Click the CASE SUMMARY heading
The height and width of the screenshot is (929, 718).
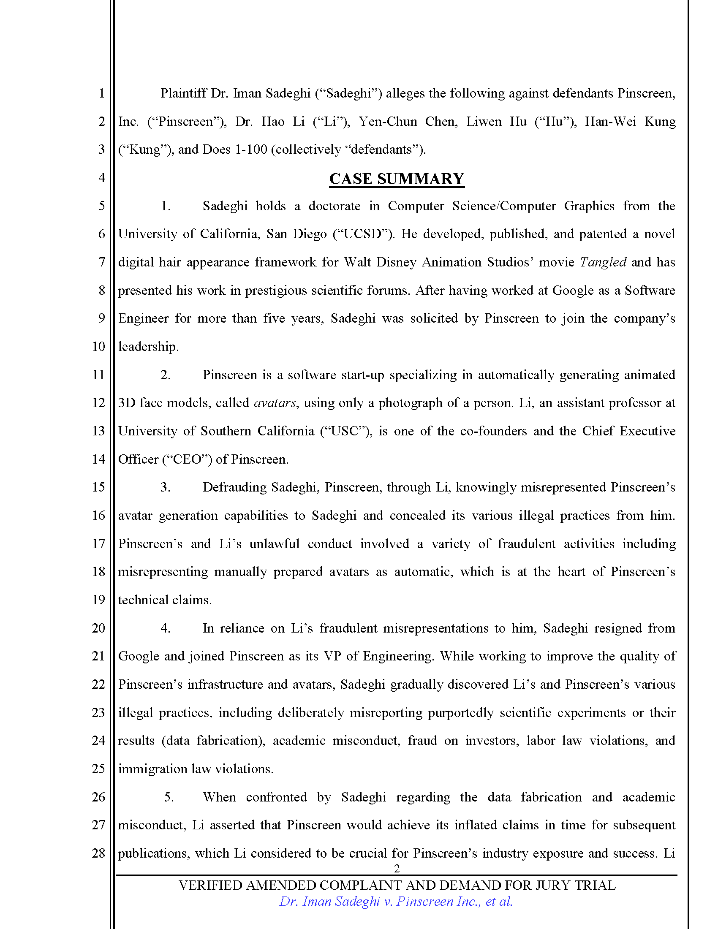[x=397, y=179]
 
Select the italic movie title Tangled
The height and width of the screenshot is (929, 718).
[x=603, y=262]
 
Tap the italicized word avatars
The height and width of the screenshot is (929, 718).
[x=275, y=403]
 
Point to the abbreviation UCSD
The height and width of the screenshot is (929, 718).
[x=362, y=234]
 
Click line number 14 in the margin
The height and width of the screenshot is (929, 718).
[x=99, y=459]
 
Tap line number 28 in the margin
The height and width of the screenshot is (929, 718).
[x=99, y=853]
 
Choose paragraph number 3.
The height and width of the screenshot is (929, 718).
[x=166, y=487]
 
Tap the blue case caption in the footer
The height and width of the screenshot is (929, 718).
[x=396, y=902]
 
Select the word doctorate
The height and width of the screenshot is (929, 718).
[x=335, y=206]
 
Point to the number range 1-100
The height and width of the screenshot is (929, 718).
[x=251, y=150]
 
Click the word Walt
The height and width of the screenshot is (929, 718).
[x=358, y=262]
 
